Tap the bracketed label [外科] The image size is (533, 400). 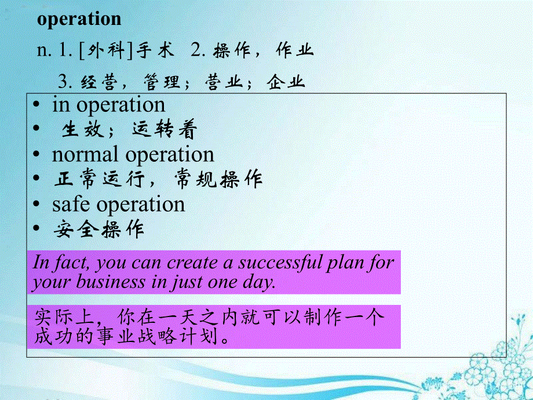pyautogui.click(x=105, y=51)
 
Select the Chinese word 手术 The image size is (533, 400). pyautogui.click(x=155, y=50)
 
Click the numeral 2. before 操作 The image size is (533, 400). pyautogui.click(x=198, y=50)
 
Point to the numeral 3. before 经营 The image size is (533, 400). pyautogui.click(x=65, y=82)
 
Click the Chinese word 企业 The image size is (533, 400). pyautogui.click(x=286, y=82)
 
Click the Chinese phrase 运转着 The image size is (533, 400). pyautogui.click(x=165, y=130)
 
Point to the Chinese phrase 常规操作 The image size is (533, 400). pyautogui.click(x=218, y=179)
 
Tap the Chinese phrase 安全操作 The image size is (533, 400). pyautogui.click(x=99, y=229)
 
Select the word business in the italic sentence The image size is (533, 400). pyautogui.click(x=111, y=283)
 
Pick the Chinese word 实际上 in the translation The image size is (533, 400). pyautogui.click(x=64, y=318)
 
